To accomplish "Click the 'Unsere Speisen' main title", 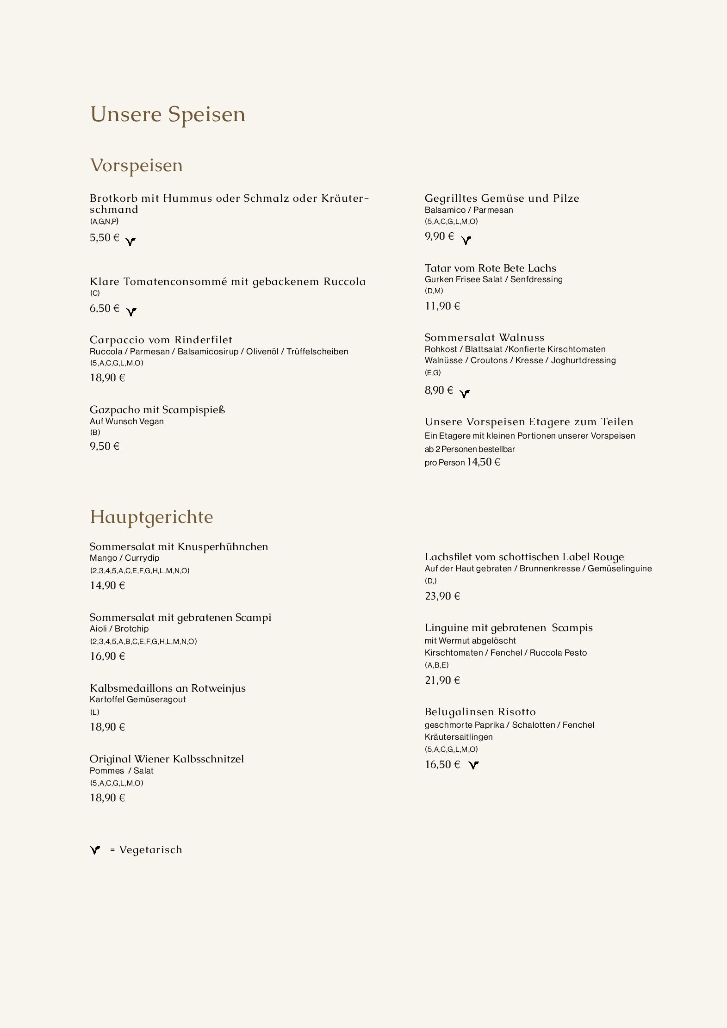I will (168, 114).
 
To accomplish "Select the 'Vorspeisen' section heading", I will (137, 165).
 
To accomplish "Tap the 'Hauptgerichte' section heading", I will (151, 517).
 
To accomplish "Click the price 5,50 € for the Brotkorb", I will (105, 238).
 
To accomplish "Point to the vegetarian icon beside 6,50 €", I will (131, 312).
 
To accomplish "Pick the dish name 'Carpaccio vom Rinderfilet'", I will (161, 340).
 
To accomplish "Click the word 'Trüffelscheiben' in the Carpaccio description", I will (317, 352).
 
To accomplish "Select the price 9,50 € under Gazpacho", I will (105, 446).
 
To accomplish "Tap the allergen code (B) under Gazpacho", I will (95, 433).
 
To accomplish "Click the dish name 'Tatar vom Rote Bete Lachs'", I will (491, 268).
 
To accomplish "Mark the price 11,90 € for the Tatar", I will (442, 306).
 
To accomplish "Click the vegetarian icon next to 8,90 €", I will (465, 394).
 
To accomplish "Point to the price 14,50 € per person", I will (483, 462).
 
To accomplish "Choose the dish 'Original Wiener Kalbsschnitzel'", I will (167, 759).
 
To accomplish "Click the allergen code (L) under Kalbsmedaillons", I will (94, 712).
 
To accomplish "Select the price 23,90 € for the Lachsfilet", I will (442, 596).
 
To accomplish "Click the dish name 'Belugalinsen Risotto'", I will (480, 712).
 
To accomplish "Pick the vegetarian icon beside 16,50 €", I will (473, 765).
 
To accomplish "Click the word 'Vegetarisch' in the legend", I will (151, 849).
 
